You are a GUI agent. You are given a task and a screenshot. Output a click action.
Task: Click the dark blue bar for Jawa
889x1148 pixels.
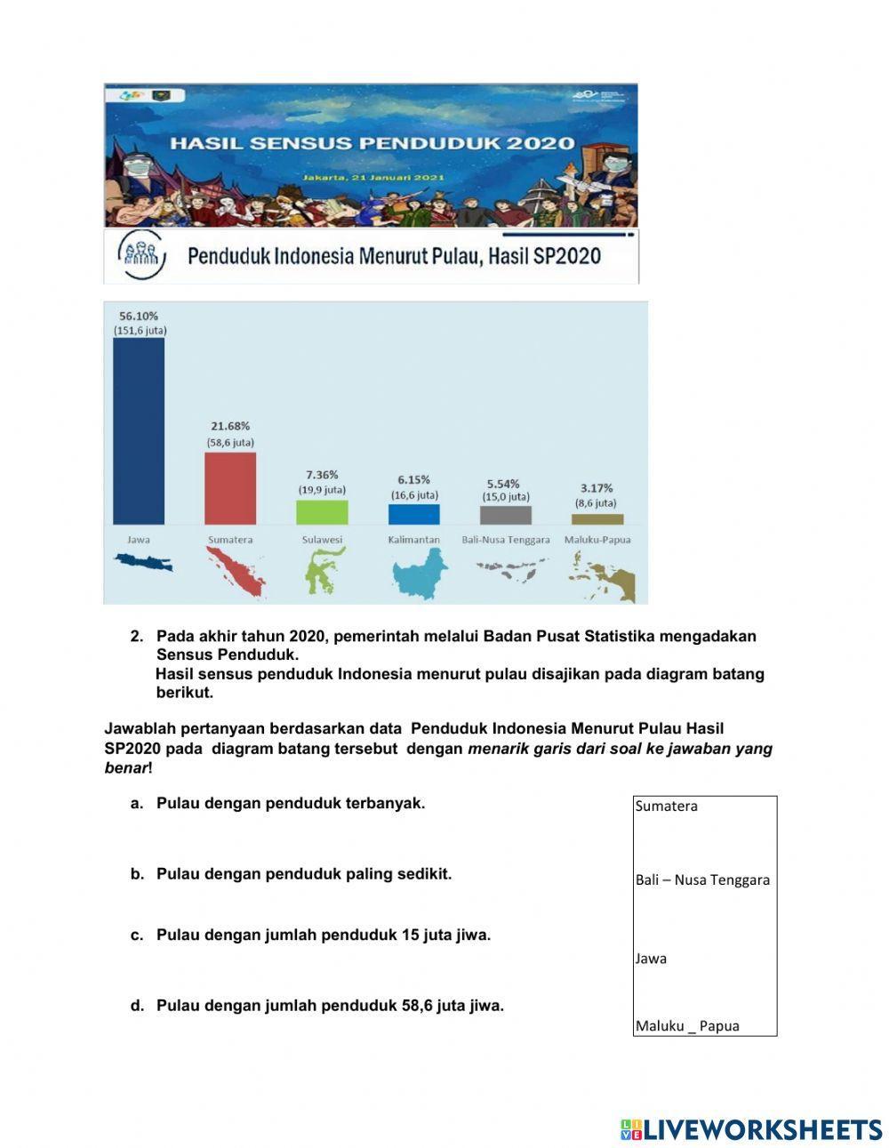(x=138, y=430)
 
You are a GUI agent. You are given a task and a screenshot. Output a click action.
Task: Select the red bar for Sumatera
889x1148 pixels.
(x=230, y=488)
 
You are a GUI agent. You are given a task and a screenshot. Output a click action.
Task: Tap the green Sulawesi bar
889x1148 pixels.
(x=322, y=512)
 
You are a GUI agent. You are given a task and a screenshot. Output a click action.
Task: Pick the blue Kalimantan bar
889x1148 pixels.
(x=413, y=514)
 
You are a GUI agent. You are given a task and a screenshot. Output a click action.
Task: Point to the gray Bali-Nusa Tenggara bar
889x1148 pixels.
(x=505, y=515)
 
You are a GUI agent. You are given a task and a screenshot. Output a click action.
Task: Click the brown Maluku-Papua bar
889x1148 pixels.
(x=597, y=518)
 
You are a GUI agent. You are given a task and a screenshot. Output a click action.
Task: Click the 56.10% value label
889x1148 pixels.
(x=139, y=316)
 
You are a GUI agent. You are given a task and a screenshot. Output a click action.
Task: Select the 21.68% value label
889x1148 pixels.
(x=230, y=426)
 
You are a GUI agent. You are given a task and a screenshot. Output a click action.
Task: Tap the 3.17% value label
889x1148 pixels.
(x=597, y=487)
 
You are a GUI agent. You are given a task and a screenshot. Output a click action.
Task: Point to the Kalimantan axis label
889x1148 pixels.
(x=413, y=540)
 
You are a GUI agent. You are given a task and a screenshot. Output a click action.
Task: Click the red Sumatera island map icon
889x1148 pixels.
(x=236, y=571)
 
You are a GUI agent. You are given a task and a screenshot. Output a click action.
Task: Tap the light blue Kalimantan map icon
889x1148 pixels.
(x=418, y=573)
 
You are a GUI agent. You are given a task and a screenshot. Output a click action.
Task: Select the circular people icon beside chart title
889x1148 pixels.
(x=141, y=256)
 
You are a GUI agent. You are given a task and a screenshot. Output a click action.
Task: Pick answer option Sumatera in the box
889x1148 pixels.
(x=666, y=807)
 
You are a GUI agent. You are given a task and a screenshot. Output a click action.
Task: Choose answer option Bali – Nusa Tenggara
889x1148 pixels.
(x=702, y=880)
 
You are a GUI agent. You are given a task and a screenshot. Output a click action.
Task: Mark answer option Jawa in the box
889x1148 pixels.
(x=651, y=959)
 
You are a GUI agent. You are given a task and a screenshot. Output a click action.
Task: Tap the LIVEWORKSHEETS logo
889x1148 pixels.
(x=750, y=1129)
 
